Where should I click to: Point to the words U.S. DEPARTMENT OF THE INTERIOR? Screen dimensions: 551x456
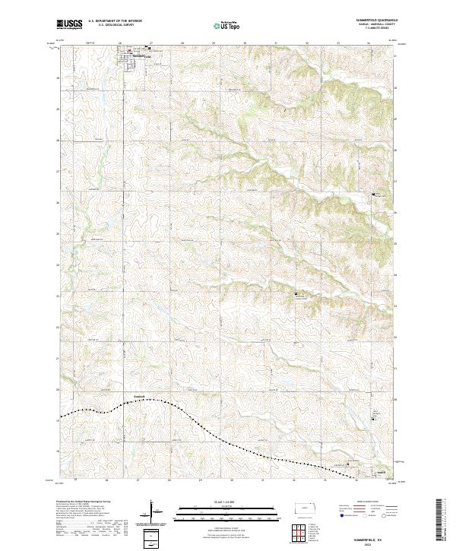click(115, 21)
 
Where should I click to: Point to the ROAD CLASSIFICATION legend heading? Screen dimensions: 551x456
click(364, 502)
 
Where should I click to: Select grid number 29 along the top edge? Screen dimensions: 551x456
click(214, 43)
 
